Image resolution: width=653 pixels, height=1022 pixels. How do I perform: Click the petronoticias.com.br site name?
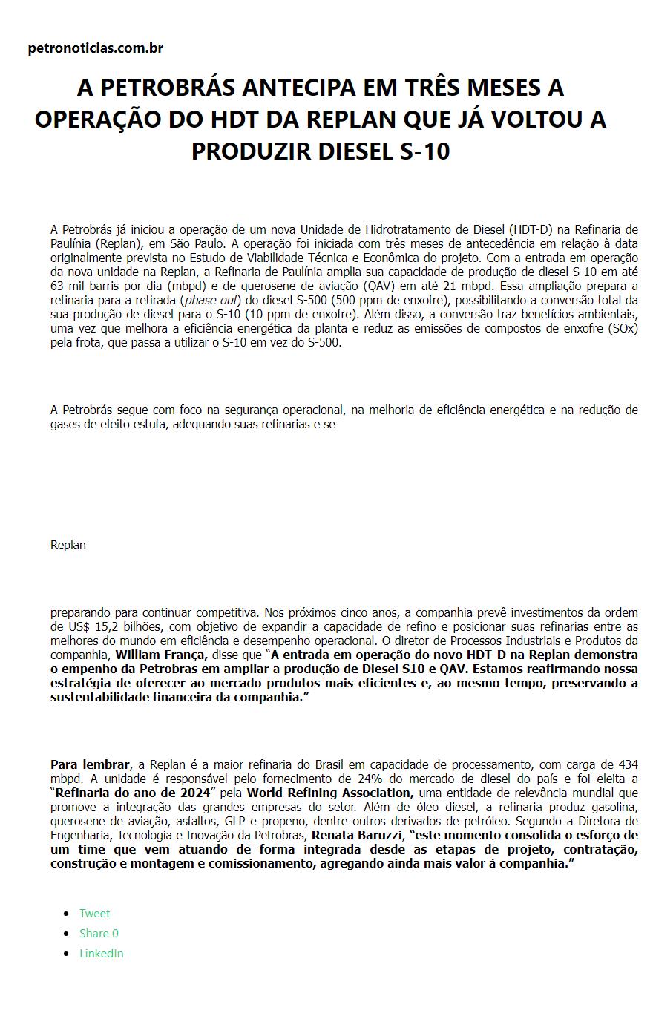click(x=95, y=48)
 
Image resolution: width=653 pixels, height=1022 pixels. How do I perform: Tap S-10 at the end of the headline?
click(x=424, y=151)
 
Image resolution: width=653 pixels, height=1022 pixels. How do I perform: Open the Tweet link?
click(x=94, y=913)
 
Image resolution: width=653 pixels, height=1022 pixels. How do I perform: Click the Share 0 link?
click(x=99, y=933)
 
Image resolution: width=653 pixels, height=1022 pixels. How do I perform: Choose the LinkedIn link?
click(x=101, y=953)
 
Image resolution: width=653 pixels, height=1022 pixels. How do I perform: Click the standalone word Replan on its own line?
click(x=68, y=545)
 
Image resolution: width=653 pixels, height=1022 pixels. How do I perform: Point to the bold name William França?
click(x=161, y=655)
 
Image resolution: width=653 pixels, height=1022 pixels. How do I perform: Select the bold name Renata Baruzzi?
click(x=357, y=836)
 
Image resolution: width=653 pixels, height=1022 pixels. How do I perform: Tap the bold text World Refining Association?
click(x=329, y=793)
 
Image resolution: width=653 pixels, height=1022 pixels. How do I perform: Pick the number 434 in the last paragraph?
click(x=628, y=764)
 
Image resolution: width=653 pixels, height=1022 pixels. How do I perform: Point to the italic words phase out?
click(x=210, y=301)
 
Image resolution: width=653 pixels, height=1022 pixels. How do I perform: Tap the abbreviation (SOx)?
click(x=622, y=329)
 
